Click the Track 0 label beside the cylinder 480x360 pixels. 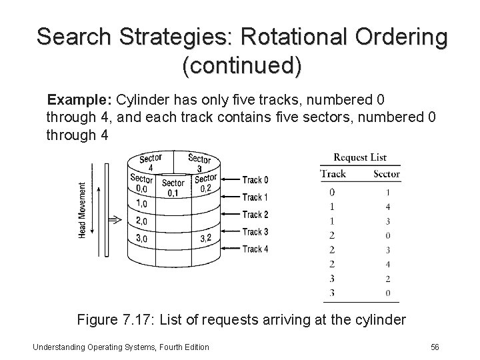tap(255, 180)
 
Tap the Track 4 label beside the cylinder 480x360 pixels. tap(255, 249)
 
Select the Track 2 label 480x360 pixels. tap(255, 215)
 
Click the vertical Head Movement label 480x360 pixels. tap(83, 210)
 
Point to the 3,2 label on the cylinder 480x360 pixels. tap(207, 238)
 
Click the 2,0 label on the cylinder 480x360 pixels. tap(141, 221)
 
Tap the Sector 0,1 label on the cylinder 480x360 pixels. tap(173, 188)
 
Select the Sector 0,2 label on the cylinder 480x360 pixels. tap(205, 183)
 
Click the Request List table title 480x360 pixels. tap(360, 158)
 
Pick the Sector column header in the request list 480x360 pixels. tap(387, 174)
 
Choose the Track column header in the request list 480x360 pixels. tap(333, 174)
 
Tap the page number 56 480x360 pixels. tap(435, 347)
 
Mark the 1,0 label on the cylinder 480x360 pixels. tap(141, 203)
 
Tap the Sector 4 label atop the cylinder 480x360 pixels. tap(151, 163)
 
